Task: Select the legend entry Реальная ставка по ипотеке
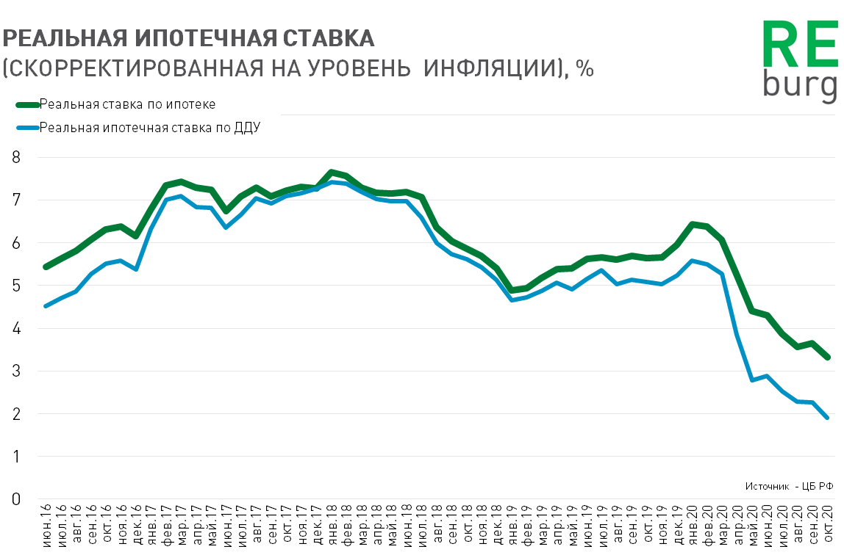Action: coord(127,104)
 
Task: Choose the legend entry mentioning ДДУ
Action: coord(150,127)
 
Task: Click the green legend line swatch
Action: coord(26,104)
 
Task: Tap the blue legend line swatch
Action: coord(26,127)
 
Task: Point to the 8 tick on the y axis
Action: coord(16,157)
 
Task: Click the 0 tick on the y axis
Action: coord(16,499)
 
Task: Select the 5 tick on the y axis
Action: coord(16,286)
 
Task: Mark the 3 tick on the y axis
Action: coord(16,371)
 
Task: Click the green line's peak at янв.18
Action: coord(332,173)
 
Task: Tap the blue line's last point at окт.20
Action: coord(828,418)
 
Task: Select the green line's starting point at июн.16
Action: coord(46,266)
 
